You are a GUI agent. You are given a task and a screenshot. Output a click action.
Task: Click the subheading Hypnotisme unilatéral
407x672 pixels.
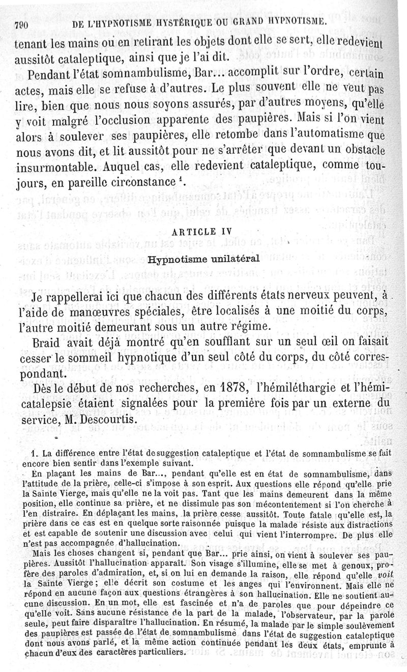(203, 258)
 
